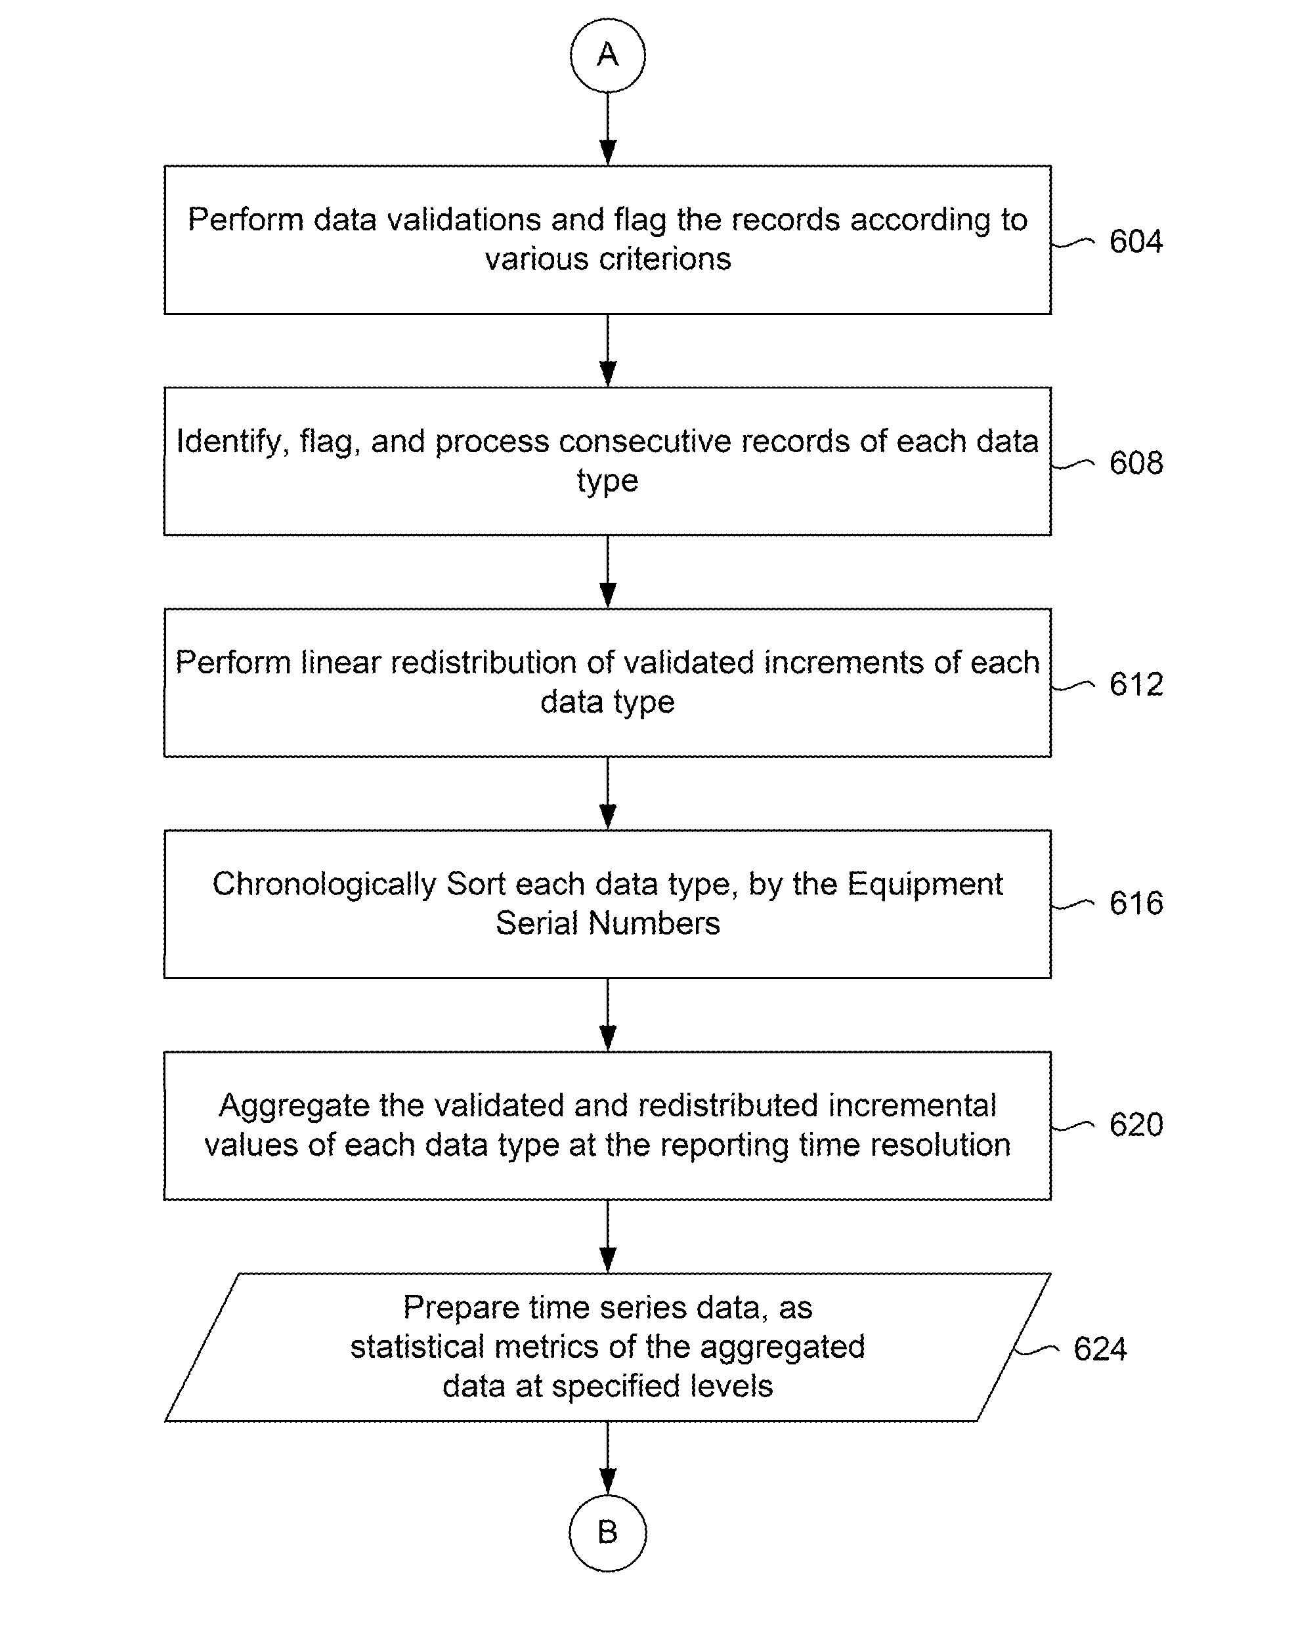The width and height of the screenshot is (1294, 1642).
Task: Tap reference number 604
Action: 1136,242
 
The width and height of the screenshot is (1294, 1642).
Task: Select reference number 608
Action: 1136,463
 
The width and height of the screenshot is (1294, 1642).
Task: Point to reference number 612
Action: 1136,684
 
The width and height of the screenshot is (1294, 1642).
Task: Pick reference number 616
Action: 1136,903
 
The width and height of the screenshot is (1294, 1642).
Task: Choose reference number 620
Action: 1136,1124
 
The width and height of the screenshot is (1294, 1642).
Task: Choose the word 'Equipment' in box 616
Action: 925,885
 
